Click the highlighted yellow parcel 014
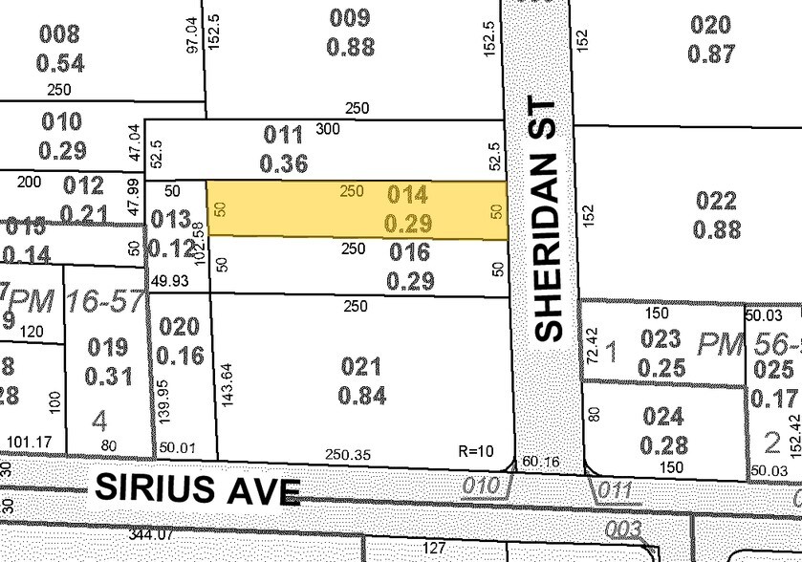coord(356,210)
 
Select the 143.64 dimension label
coord(227,385)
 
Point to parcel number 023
coord(661,338)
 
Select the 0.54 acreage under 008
coord(61,63)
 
